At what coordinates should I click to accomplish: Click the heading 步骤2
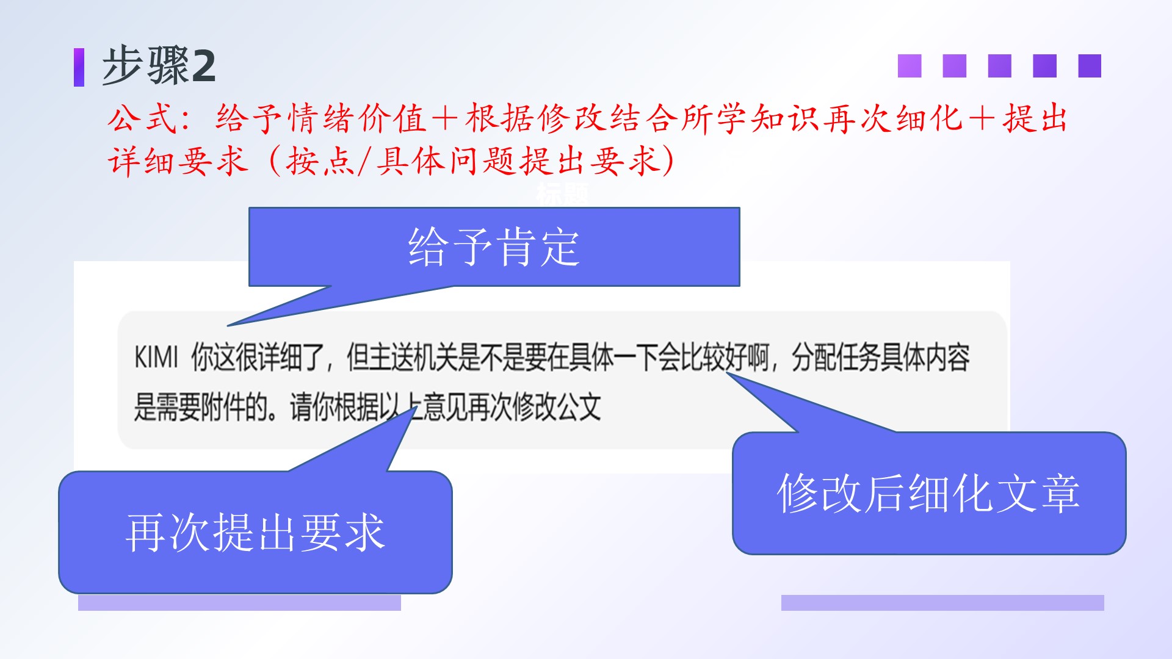(x=159, y=65)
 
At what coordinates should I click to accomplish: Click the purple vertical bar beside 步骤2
(x=79, y=67)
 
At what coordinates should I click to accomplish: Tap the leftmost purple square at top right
(x=909, y=66)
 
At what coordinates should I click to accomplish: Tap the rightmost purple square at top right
(x=1090, y=66)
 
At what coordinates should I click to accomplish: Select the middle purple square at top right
(x=999, y=66)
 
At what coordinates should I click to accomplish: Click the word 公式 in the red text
(x=143, y=118)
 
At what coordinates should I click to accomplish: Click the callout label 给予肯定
(x=494, y=247)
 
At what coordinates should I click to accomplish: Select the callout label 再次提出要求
(x=255, y=533)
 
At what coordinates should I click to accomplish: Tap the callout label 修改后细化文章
(x=928, y=493)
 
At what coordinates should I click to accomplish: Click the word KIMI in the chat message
(x=156, y=357)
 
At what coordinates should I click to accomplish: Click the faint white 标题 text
(x=562, y=193)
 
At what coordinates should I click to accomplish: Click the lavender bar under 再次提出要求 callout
(x=239, y=603)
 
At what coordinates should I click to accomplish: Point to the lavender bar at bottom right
(x=942, y=603)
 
